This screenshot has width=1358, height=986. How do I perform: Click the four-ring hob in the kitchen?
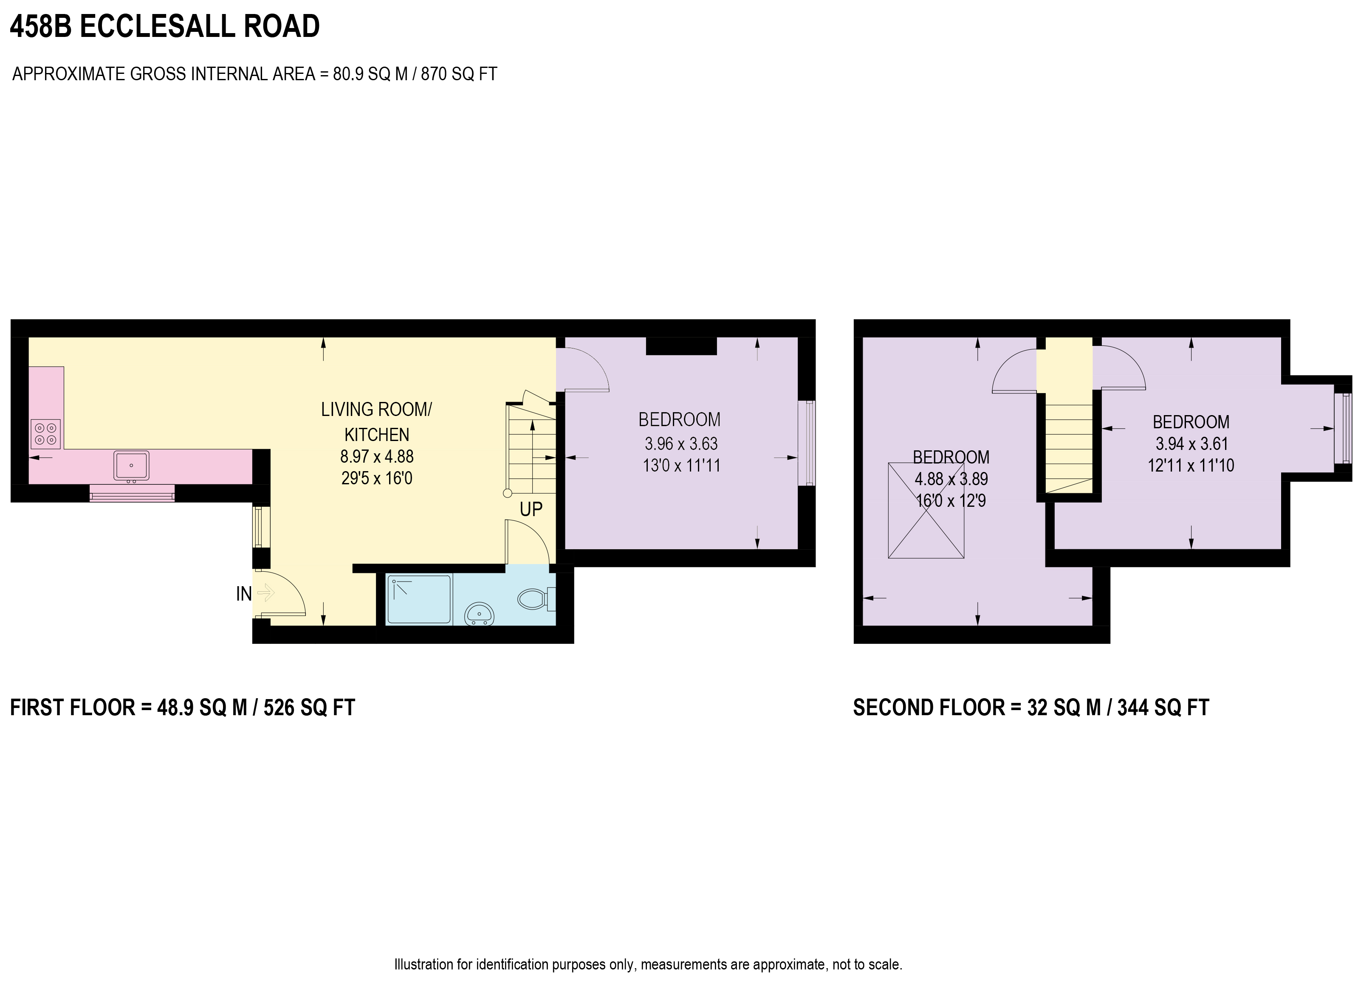click(x=45, y=434)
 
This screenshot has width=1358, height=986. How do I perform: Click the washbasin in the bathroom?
click(x=479, y=614)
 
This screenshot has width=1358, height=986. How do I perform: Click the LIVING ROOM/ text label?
click(x=376, y=410)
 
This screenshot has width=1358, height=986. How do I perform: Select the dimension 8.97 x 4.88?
click(x=377, y=457)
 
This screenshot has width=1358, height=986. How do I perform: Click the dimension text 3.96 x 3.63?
click(x=681, y=444)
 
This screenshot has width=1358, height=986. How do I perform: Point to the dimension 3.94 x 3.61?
click(x=1191, y=444)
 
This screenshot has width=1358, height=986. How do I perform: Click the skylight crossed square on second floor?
click(x=926, y=510)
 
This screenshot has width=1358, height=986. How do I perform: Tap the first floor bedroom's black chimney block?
click(x=681, y=346)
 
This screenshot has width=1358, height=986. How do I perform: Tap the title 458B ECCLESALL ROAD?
click(x=165, y=27)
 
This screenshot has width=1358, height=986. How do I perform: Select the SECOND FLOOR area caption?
click(x=1030, y=708)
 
